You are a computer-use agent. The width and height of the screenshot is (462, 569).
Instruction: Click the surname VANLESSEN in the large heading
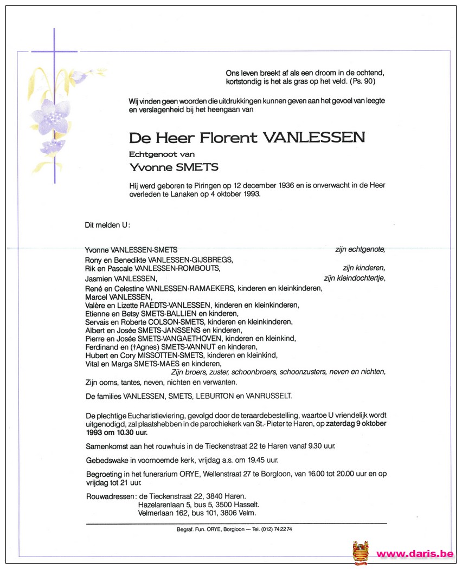(x=314, y=138)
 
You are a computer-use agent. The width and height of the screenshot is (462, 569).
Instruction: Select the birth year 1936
(x=275, y=185)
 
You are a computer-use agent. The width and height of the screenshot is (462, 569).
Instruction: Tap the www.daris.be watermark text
(x=414, y=554)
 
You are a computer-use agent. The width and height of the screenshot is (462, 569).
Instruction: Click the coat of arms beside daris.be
(x=360, y=552)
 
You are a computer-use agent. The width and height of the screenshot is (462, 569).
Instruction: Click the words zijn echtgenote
(x=360, y=249)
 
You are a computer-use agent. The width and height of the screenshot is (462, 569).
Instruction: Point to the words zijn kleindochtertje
(x=354, y=279)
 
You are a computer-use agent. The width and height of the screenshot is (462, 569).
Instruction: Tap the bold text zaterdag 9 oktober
(x=352, y=423)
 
